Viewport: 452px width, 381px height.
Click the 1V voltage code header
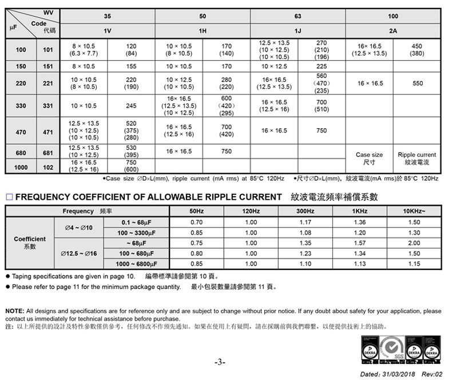[107, 30]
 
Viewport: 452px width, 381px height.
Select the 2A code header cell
[393, 30]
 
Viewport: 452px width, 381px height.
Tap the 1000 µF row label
[21, 167]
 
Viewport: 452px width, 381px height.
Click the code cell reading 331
[48, 106]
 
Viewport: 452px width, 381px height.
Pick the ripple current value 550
[418, 84]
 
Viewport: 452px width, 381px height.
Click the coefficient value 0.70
[196, 222]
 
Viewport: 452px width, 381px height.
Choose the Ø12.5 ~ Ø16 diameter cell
[79, 253]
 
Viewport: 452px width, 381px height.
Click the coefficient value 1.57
[360, 243]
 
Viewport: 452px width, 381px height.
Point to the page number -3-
[220, 363]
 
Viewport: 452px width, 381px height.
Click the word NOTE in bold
[15, 311]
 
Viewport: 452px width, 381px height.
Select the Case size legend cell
[369, 158]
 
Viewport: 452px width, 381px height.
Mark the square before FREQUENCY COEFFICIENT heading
[9, 197]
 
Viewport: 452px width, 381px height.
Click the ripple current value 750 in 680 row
[226, 152]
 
